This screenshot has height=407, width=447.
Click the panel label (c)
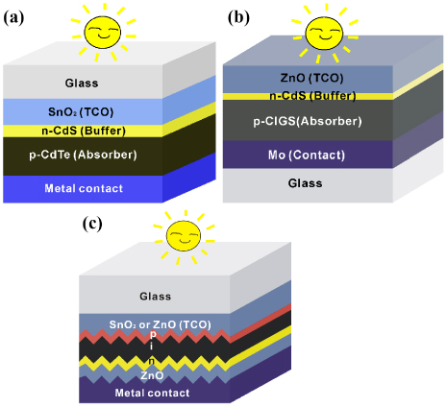tap(93, 225)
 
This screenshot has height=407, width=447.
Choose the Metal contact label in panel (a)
tap(84, 188)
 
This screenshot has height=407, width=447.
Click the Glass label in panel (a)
tap(82, 83)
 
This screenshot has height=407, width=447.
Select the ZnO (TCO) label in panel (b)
tap(301, 77)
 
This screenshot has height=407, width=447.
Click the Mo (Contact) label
tap(301, 154)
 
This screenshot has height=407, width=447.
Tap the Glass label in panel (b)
tap(304, 182)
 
